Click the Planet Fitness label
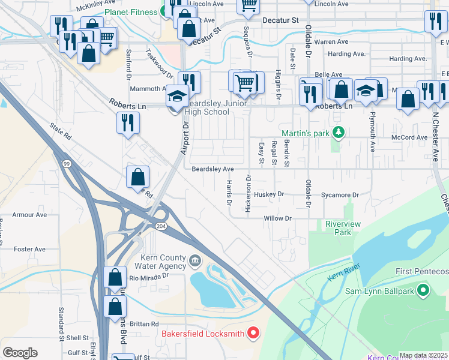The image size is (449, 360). [x=131, y=12]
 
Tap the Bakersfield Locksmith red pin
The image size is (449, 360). [x=253, y=332]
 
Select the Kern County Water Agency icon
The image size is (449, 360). [x=196, y=260]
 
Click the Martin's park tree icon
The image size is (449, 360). [x=339, y=131]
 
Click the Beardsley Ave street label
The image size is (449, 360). [x=212, y=170]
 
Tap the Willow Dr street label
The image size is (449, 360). [x=277, y=218]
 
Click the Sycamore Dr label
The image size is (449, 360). [x=339, y=195]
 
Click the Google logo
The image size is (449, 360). [x=20, y=352]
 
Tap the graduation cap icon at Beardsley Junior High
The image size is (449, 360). [x=178, y=95]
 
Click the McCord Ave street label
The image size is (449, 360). [x=409, y=137]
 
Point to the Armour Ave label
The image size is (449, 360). [x=30, y=215]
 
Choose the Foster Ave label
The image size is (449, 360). [x=30, y=249]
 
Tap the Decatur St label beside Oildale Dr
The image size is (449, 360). [x=281, y=20]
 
